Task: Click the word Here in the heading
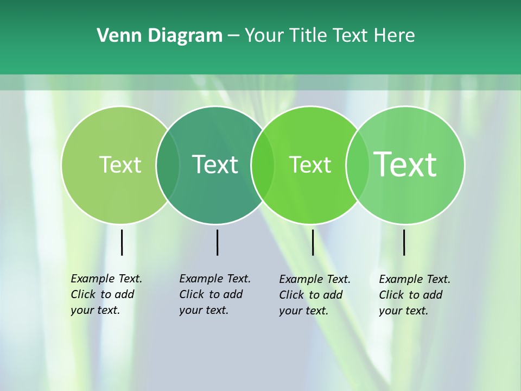[395, 36]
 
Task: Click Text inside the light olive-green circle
[120, 165]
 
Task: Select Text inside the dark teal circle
[215, 165]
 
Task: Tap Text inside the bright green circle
[310, 165]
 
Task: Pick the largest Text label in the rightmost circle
[405, 164]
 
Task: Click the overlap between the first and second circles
[168, 165]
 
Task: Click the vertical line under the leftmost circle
[122, 242]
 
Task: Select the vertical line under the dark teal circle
[217, 242]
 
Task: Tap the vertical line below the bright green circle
[313, 242]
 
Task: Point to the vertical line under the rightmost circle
[404, 242]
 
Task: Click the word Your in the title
[264, 36]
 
